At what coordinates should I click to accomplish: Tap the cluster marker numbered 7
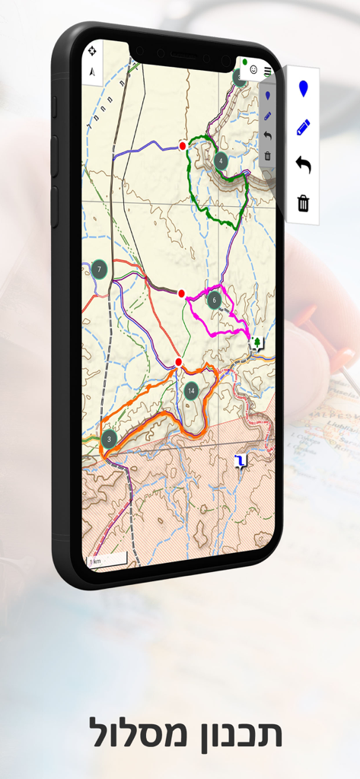point(99,269)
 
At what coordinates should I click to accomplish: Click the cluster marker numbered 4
point(220,161)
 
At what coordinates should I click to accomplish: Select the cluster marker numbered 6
point(215,300)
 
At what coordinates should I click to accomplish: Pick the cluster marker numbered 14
point(191,391)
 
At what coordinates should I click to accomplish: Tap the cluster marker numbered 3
point(109,438)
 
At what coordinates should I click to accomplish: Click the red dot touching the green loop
point(183,145)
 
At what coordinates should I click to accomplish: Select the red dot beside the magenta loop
point(181,293)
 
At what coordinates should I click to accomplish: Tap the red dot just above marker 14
point(178,362)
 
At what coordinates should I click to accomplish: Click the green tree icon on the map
point(258,343)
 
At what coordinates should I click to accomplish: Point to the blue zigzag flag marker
point(241,461)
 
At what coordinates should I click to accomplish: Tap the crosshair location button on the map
point(92,51)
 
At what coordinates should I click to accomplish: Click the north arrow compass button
point(92,72)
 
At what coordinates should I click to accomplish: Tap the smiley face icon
point(253,69)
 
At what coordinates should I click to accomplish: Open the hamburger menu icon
point(268,71)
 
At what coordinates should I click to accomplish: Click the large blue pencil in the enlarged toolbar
point(303,127)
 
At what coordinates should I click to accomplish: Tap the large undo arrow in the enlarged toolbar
point(303,164)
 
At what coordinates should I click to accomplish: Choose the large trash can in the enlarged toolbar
point(303,202)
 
